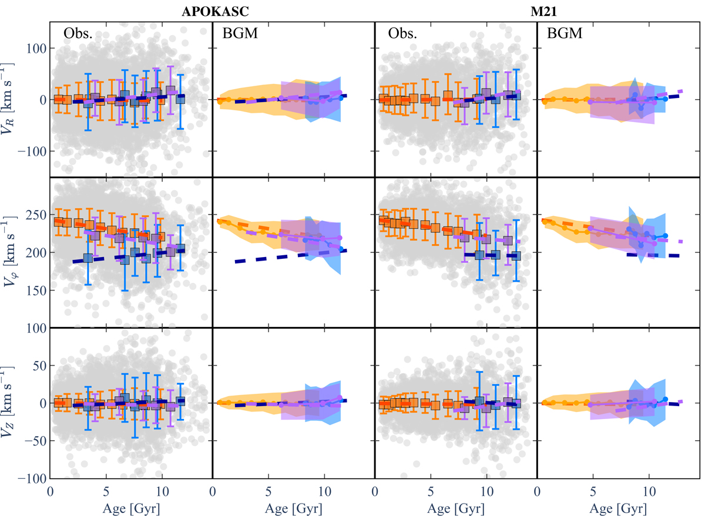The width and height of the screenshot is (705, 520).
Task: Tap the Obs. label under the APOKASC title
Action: click(x=78, y=33)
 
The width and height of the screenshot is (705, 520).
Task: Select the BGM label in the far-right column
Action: click(x=565, y=34)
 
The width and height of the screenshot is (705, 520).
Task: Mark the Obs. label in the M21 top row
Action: click(x=402, y=33)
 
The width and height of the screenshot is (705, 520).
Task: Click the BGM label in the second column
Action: click(x=239, y=34)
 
